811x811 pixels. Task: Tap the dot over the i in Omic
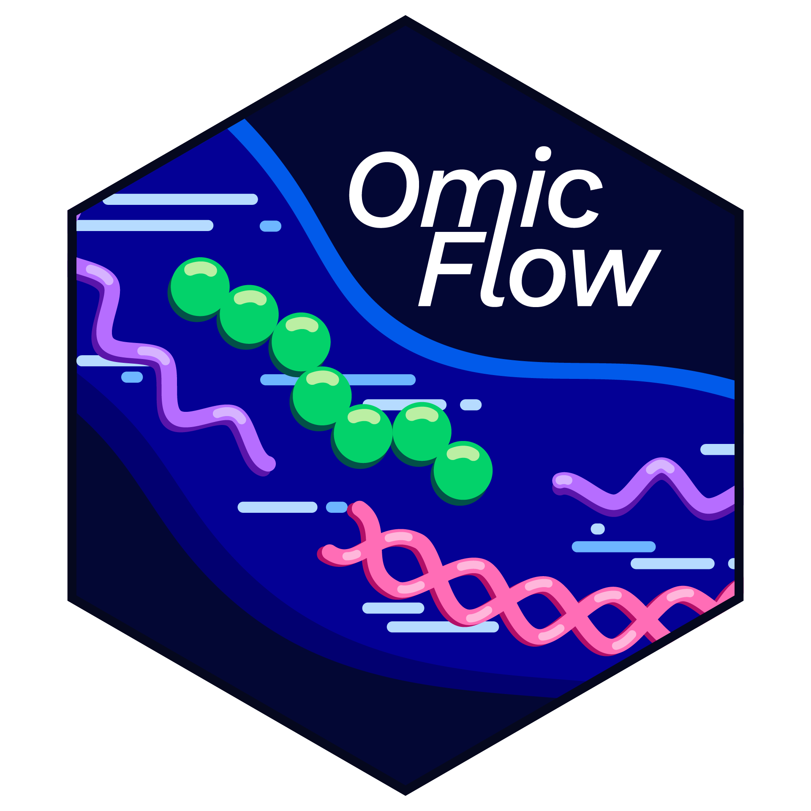pos(543,154)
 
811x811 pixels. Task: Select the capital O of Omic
pos(384,190)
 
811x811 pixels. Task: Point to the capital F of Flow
pos(452,269)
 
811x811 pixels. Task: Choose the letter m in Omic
pos(469,198)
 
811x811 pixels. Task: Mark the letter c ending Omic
pos(575,199)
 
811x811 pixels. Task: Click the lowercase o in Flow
pos(538,278)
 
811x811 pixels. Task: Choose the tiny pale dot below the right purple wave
pos(598,528)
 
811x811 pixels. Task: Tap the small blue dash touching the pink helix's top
pos(337,507)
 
